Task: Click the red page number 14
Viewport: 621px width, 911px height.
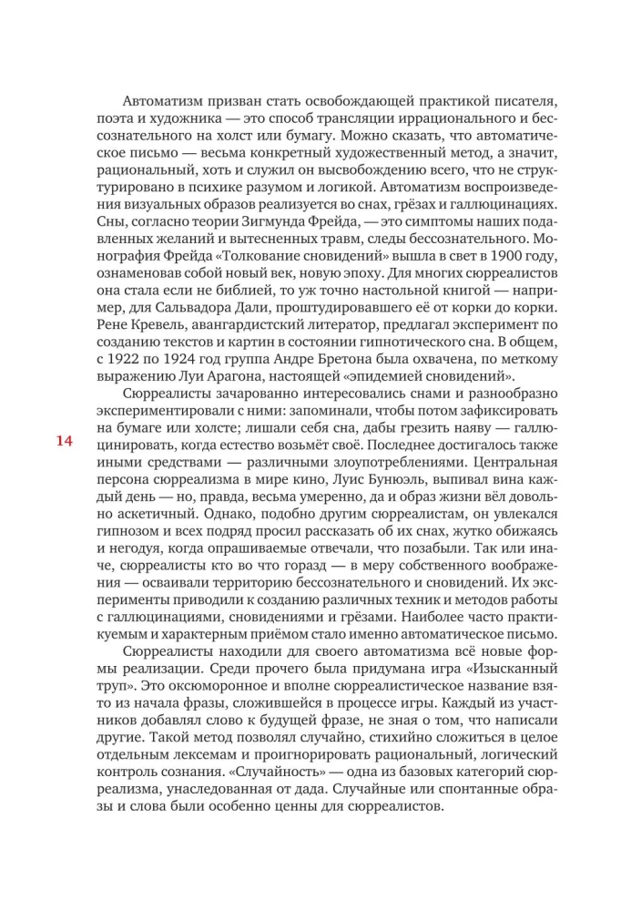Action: point(64,443)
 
